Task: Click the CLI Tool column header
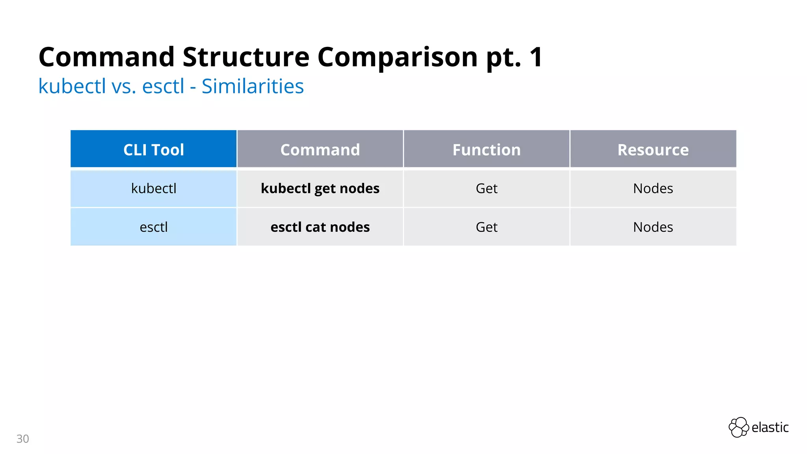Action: tap(154, 150)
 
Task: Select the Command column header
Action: tap(320, 150)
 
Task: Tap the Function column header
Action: tap(487, 150)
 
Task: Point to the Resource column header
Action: tap(653, 150)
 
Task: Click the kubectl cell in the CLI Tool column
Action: tap(154, 188)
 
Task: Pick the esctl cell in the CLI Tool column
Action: tap(154, 227)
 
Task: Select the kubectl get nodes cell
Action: tap(320, 188)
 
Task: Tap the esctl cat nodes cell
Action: tap(320, 227)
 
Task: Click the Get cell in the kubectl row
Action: tap(487, 188)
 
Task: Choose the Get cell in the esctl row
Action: tap(487, 227)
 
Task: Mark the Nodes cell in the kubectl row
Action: tap(653, 188)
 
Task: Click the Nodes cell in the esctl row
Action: tap(653, 227)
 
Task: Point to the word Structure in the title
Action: tap(246, 58)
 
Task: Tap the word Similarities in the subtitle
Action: tap(253, 86)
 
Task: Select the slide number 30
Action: tap(23, 439)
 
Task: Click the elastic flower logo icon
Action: tap(738, 427)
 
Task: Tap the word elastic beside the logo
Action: tap(770, 427)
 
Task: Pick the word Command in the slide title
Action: tap(106, 58)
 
